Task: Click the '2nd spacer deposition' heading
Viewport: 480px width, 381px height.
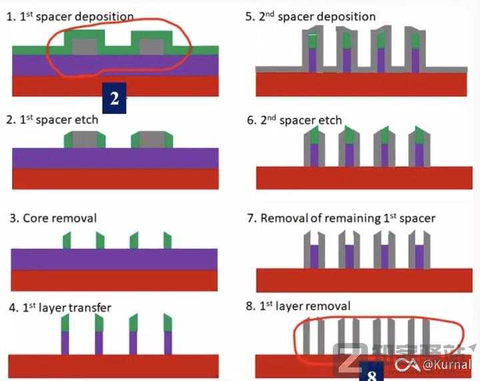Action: tap(311, 16)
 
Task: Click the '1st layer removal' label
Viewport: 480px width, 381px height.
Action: tap(298, 306)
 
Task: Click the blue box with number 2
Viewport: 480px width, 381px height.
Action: tap(114, 99)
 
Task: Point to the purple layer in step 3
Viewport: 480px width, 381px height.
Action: tap(116, 260)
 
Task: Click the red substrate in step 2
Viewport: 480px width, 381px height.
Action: tap(116, 178)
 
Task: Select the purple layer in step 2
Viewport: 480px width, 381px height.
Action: tap(116, 157)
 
